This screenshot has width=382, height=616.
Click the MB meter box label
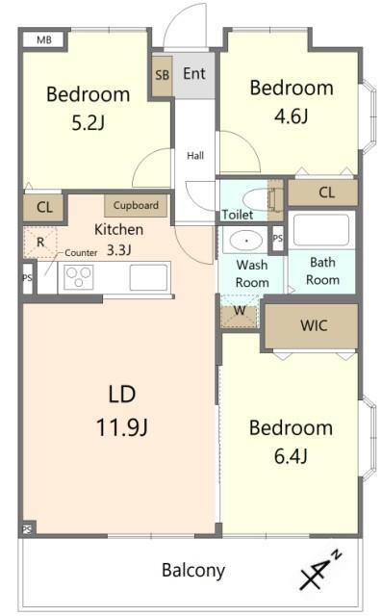44,39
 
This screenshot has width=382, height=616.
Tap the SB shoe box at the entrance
162,75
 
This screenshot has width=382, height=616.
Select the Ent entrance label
194,73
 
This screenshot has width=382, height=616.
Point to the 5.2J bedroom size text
89,122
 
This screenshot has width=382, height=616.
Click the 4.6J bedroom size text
292,115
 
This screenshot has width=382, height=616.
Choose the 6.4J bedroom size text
291,456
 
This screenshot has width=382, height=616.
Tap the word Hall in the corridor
195,156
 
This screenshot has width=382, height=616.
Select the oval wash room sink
246,240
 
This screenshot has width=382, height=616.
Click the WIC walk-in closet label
314,325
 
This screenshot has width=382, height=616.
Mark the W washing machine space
240,312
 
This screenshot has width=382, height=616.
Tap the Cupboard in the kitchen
136,205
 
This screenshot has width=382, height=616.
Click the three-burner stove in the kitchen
79,277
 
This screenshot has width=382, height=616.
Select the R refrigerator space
40,243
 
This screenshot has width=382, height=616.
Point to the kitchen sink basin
148,277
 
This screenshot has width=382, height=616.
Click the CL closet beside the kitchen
43,207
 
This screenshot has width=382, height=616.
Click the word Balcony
193,571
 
